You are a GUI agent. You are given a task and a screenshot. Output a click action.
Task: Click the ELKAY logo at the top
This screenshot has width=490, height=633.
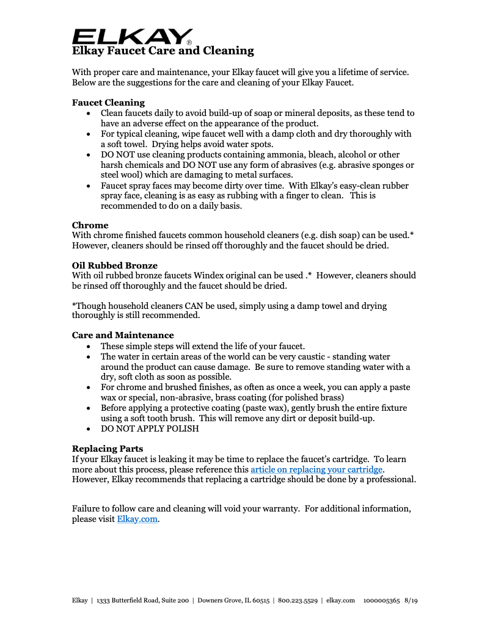(x=132, y=36)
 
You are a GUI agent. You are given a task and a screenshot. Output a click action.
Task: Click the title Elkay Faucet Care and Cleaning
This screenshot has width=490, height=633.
(x=163, y=51)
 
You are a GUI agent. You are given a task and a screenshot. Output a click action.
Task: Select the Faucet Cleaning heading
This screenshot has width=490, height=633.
(x=108, y=103)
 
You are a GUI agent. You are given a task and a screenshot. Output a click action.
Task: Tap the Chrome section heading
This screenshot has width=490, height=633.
(x=90, y=225)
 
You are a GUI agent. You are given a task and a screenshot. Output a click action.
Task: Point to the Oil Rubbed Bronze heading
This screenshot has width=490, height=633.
(x=114, y=266)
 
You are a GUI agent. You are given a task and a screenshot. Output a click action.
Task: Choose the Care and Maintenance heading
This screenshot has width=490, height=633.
(x=123, y=335)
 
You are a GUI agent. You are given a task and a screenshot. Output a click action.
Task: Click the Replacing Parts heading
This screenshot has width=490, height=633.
(x=108, y=449)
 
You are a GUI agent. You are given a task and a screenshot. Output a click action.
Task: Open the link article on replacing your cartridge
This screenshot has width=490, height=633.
(x=316, y=469)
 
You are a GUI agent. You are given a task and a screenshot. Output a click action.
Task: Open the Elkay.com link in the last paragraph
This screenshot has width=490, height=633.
(x=137, y=519)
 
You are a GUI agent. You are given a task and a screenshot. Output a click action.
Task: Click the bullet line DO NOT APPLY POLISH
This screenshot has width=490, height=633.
(x=150, y=429)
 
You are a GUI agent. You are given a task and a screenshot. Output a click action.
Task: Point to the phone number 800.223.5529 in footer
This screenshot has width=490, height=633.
(x=298, y=601)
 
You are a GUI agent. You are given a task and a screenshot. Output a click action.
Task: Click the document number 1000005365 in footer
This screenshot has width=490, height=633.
(x=381, y=601)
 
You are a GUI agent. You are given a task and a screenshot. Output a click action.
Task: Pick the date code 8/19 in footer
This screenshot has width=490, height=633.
(x=411, y=601)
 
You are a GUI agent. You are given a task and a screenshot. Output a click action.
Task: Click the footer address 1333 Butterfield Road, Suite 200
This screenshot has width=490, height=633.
(x=142, y=601)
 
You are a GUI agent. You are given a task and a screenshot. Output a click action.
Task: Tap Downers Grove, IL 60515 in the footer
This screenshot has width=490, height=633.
(x=233, y=601)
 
